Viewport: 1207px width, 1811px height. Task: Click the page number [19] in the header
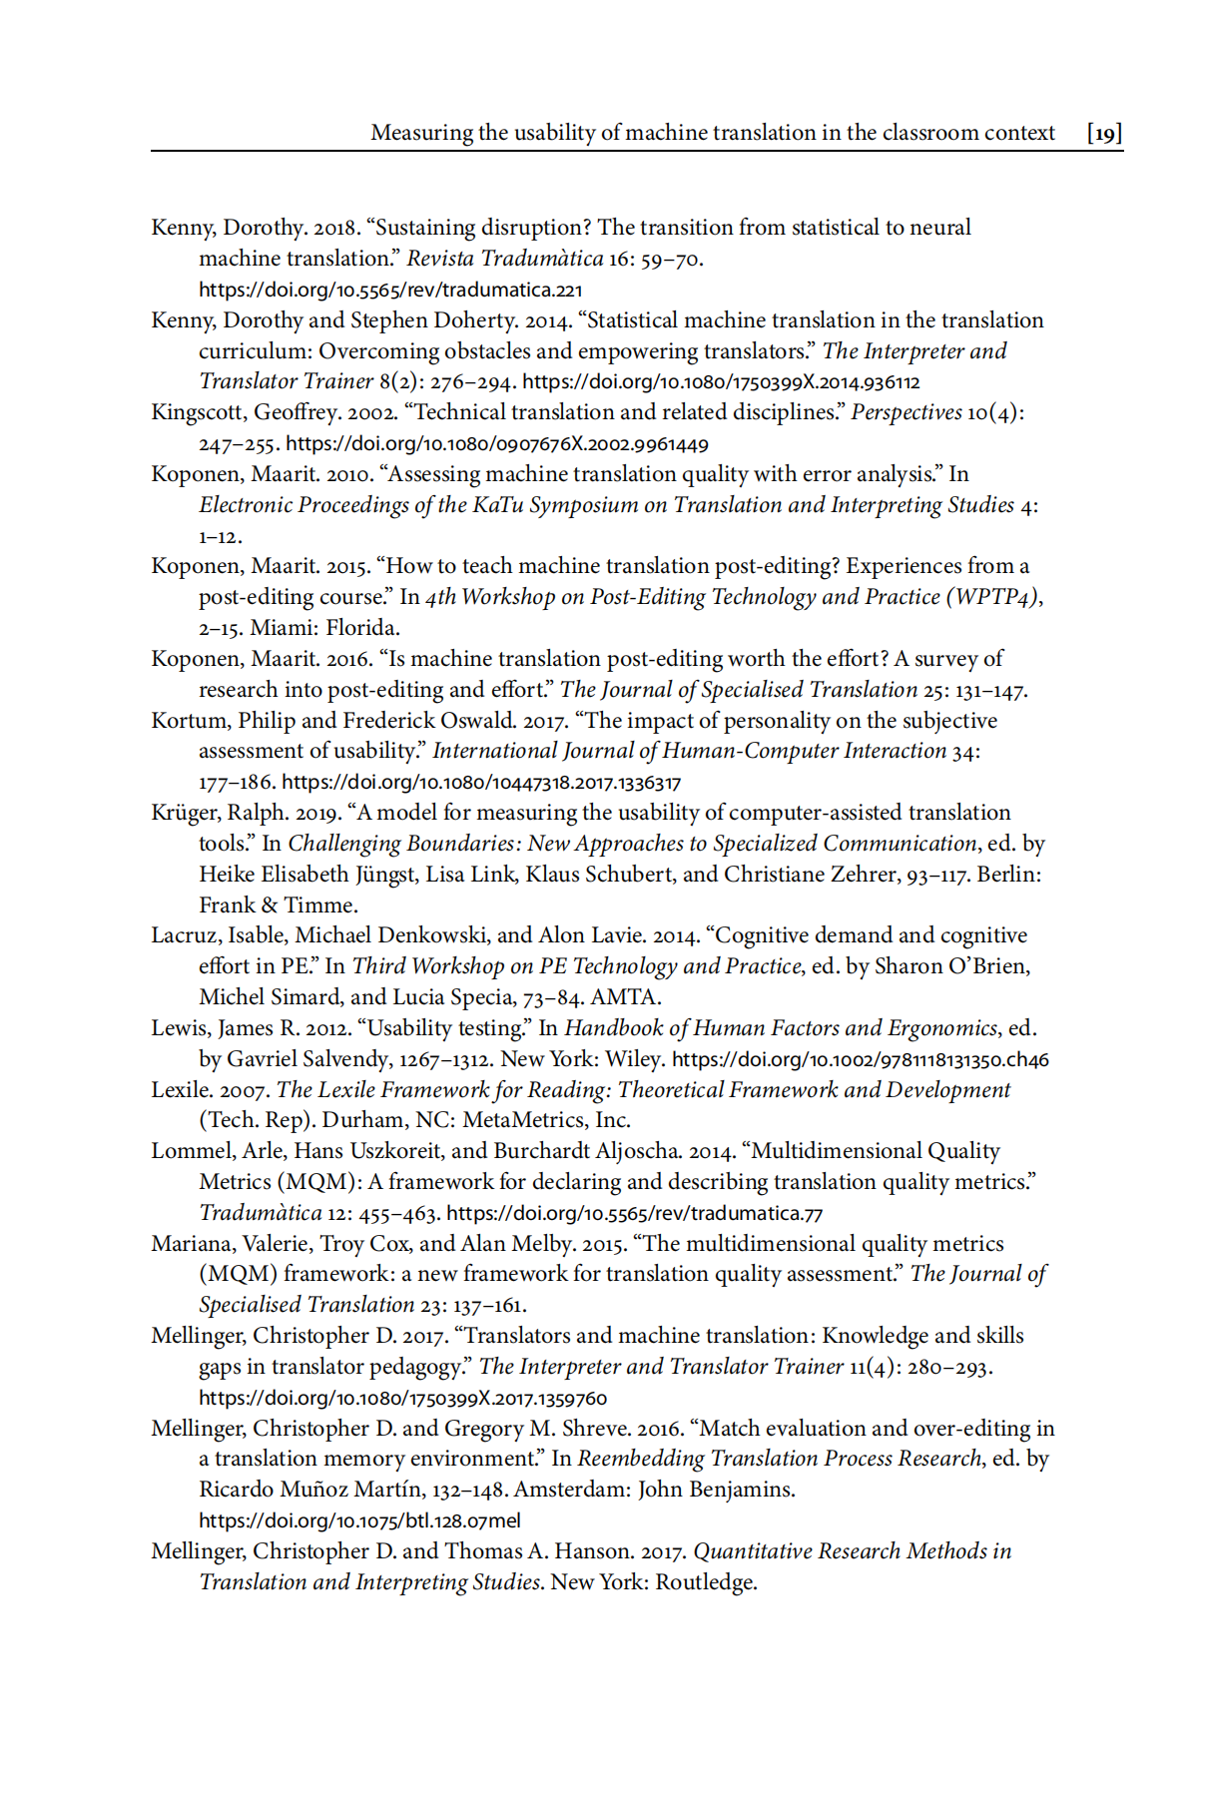coord(1104,133)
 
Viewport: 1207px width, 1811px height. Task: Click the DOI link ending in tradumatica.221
coord(389,291)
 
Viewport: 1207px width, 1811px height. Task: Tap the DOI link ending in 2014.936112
coord(721,382)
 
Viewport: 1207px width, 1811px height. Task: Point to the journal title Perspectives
coord(905,412)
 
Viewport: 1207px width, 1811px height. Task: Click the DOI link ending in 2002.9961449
coord(496,444)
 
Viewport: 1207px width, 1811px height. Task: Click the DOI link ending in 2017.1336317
coord(481,783)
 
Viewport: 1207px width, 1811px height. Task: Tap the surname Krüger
coord(183,813)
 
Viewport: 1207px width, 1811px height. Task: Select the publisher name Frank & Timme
coord(278,905)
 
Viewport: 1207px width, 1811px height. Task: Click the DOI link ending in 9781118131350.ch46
coord(860,1060)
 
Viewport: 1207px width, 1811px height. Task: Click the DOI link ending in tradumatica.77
coord(634,1214)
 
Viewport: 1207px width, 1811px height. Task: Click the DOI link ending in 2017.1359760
coord(402,1399)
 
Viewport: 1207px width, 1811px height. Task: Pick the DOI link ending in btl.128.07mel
coord(359,1521)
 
